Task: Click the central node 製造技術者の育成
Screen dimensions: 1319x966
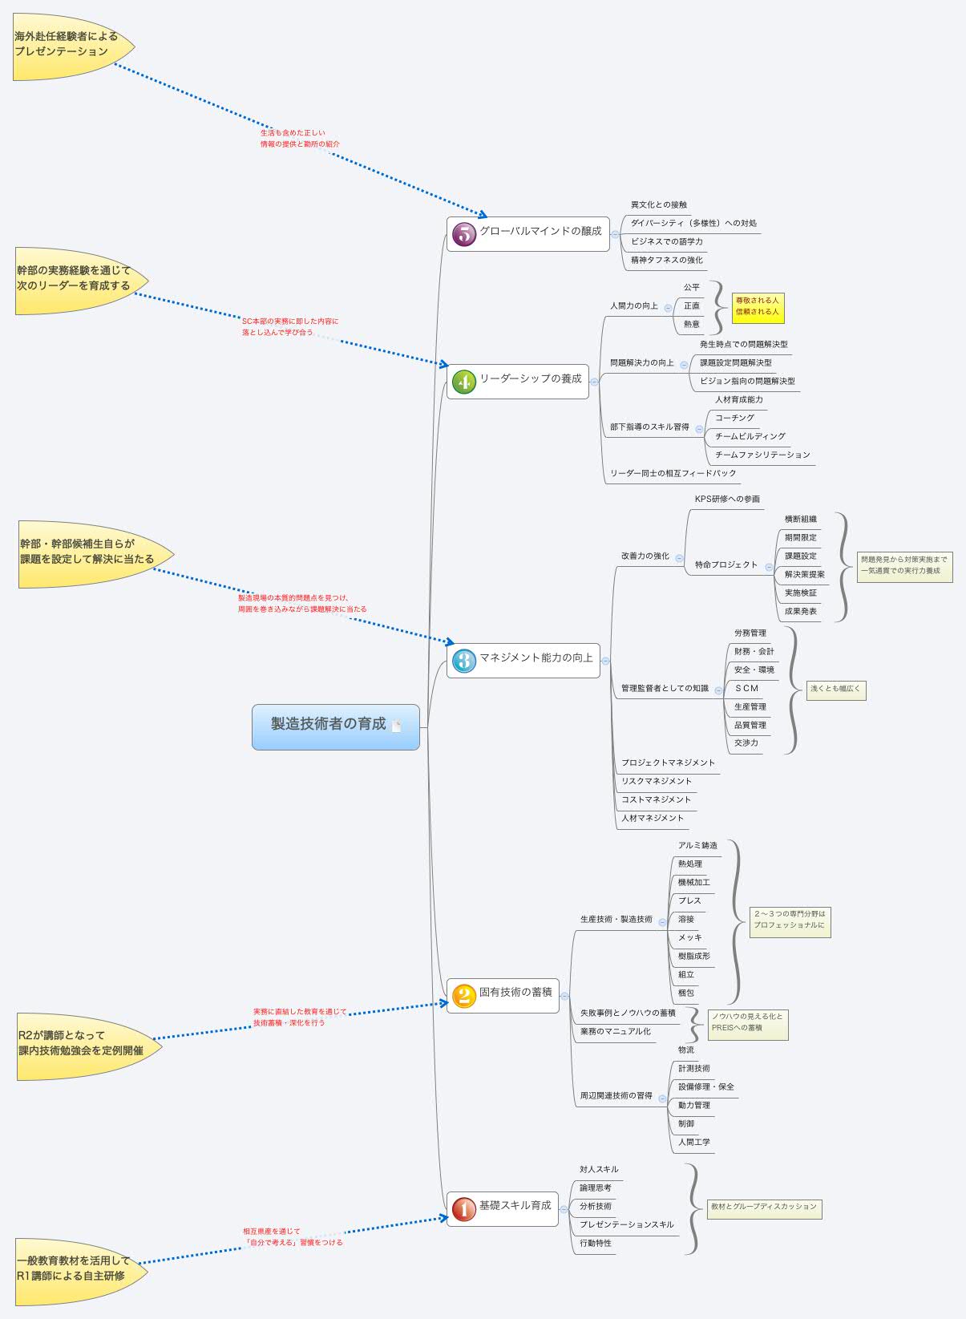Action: [329, 724]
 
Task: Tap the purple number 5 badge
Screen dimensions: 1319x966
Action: [464, 233]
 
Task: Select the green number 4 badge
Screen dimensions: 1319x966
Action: [464, 381]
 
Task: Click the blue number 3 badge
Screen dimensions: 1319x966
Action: [464, 660]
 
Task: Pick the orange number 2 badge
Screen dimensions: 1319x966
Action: [464, 995]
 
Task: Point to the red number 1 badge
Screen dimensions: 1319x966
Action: [464, 1208]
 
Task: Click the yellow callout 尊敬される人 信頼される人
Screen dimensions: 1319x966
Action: [757, 306]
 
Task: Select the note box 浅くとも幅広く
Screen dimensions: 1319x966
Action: [835, 689]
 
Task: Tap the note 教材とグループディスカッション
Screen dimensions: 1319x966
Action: [763, 1207]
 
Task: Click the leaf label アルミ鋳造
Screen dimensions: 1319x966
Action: [697, 846]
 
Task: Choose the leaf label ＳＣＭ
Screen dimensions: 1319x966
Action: [746, 689]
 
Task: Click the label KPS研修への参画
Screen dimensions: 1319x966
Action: [727, 500]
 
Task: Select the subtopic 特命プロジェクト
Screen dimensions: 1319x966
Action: [726, 565]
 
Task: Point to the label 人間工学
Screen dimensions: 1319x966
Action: [693, 1143]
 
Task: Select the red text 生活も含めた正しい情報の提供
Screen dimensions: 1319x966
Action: [299, 139]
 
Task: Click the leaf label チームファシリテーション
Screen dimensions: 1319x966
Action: [762, 455]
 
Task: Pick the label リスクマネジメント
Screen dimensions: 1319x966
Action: [656, 782]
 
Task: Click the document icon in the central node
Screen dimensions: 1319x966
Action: [396, 726]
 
